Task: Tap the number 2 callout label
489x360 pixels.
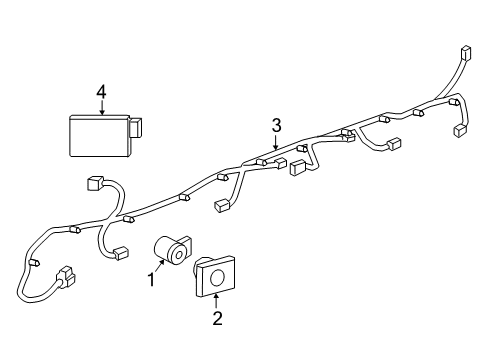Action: [217, 319]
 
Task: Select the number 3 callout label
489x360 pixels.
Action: [275, 125]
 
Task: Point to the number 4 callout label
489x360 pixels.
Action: [101, 92]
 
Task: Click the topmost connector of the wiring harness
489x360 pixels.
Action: [464, 53]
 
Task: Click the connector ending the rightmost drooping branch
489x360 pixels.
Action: [462, 130]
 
